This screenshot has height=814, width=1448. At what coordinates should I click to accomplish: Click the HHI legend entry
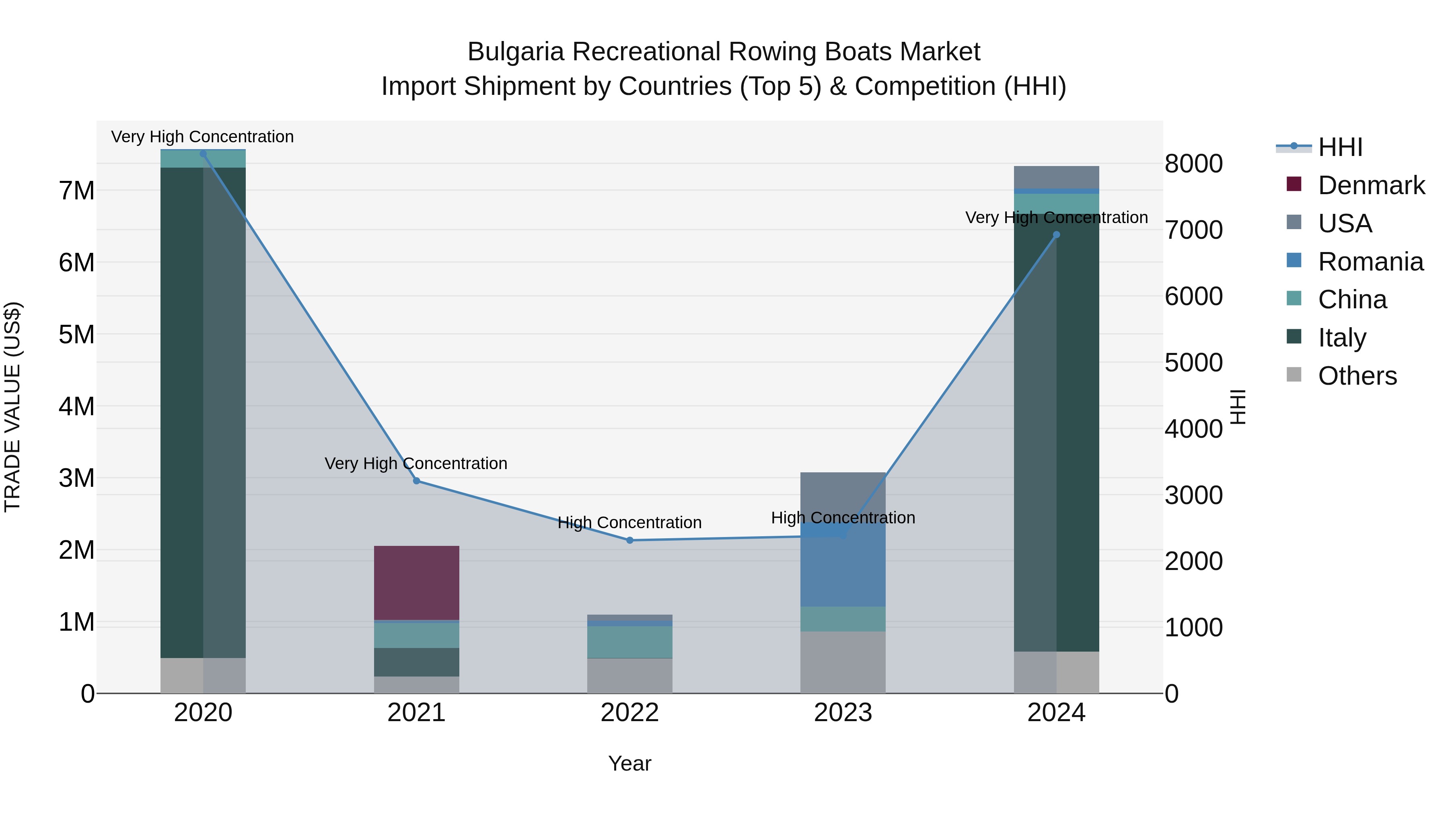[x=1340, y=147]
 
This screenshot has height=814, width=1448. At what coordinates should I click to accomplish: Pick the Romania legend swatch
[x=1294, y=260]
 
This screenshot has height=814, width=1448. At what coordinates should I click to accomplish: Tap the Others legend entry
[x=1357, y=376]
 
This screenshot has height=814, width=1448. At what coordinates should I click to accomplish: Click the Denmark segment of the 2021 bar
[x=417, y=582]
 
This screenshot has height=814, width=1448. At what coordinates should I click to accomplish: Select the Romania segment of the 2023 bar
[x=843, y=567]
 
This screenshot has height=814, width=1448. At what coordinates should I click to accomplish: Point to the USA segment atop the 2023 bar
[x=843, y=494]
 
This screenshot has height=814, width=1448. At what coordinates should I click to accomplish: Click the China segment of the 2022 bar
[x=629, y=642]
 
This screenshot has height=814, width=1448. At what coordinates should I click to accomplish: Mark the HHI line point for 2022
[x=629, y=540]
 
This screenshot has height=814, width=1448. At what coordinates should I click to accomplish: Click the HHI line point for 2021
[x=417, y=481]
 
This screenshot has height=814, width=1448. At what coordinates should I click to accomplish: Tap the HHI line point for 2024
[x=1056, y=235]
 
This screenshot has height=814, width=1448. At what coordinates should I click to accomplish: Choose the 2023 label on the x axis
[x=843, y=713]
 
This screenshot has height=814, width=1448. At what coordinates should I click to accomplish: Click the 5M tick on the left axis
[x=76, y=334]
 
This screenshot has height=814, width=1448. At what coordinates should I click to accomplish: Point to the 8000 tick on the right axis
[x=1193, y=164]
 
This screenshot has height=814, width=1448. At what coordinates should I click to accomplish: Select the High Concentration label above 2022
[x=629, y=523]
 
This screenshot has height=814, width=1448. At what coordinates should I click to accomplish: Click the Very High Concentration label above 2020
[x=202, y=137]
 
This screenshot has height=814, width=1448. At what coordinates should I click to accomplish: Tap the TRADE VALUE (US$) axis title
[x=12, y=407]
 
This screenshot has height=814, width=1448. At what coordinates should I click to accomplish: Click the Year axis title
[x=629, y=763]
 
